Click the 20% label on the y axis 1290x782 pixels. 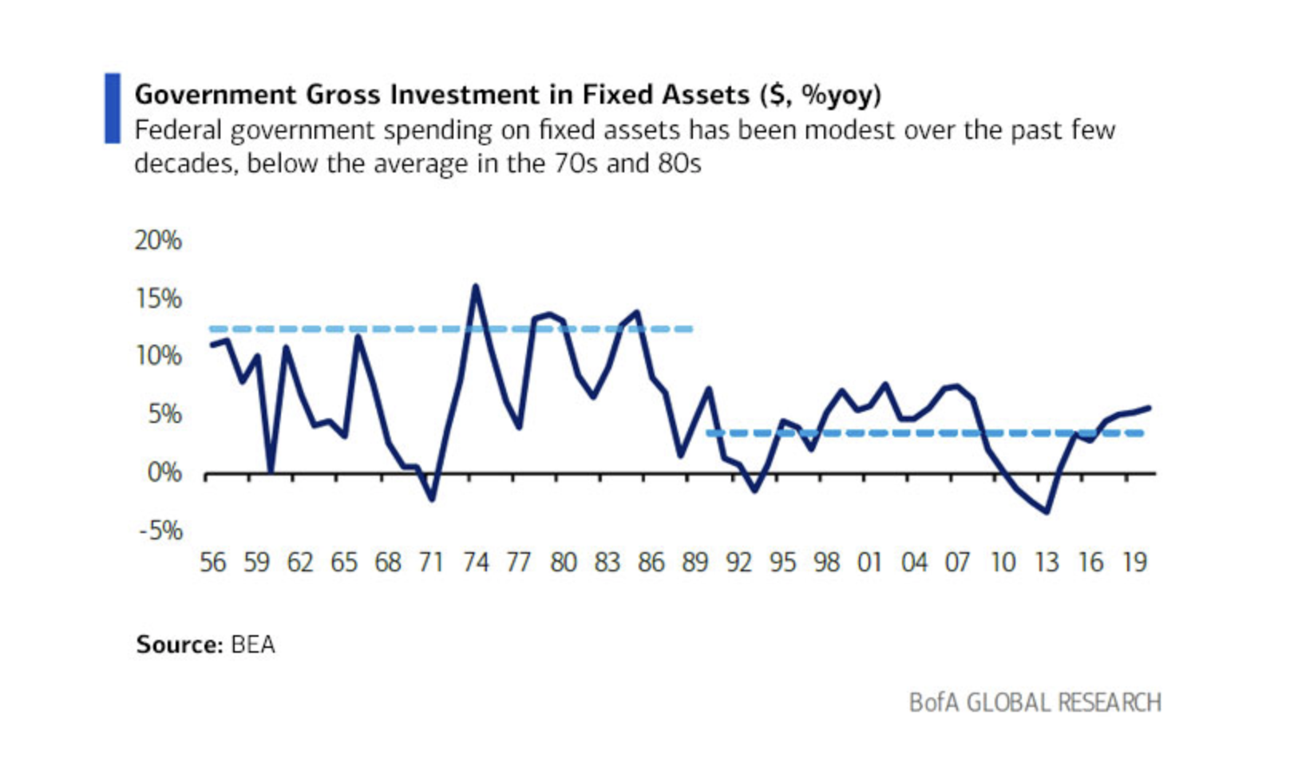(x=158, y=240)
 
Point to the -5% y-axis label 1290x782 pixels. (x=160, y=531)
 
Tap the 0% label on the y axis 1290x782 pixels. (x=164, y=473)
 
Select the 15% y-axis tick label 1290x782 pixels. (x=158, y=299)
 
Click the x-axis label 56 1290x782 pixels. (x=212, y=563)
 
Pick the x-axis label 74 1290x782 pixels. (x=475, y=563)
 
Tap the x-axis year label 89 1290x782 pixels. (x=694, y=563)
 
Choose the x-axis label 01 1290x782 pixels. (x=869, y=563)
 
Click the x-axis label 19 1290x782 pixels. (x=1134, y=563)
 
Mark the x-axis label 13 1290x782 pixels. (x=1046, y=563)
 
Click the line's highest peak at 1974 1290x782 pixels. (x=476, y=286)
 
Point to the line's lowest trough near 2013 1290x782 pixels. (x=1047, y=511)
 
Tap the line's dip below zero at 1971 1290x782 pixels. (x=432, y=500)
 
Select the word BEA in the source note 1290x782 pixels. (x=252, y=644)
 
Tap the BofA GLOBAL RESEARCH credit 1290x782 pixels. (x=1035, y=703)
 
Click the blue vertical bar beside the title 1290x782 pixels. (x=113, y=109)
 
